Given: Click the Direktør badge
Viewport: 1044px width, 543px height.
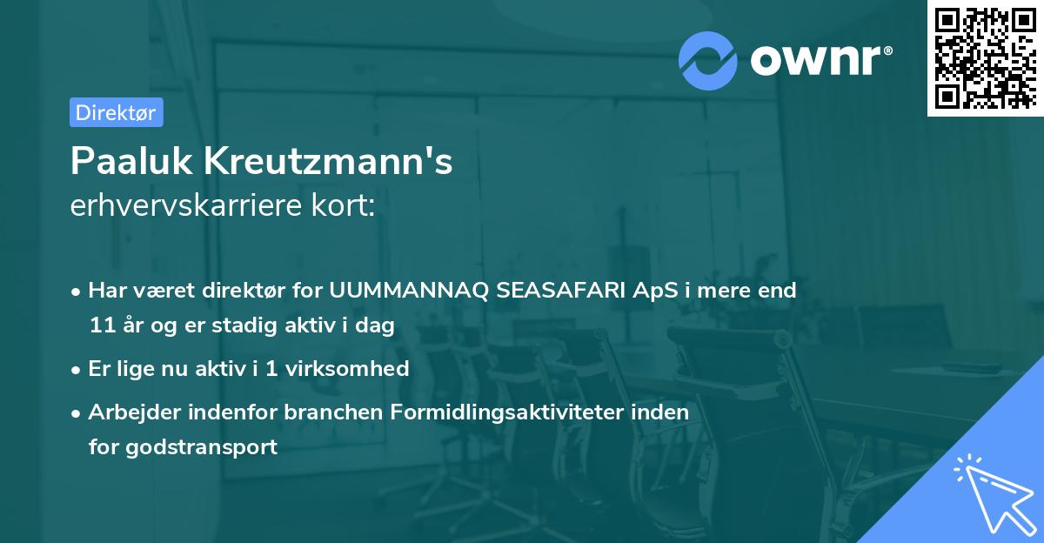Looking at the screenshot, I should pos(116,113).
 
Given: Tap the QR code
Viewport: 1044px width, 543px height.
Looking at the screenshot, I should pos(986,57).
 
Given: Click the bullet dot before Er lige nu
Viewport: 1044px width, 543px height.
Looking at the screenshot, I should pos(78,369).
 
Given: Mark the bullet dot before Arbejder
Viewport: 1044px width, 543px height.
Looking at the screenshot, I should pos(78,412).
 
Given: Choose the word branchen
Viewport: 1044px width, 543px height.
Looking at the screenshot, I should pos(298,412).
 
